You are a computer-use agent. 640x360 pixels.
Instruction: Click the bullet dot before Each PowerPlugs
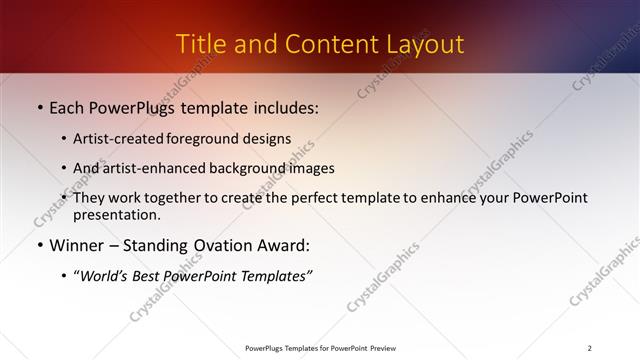39,107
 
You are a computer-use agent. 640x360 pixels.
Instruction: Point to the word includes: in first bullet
284,107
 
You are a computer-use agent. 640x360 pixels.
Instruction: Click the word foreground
211,139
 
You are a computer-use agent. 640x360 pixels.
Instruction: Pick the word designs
269,139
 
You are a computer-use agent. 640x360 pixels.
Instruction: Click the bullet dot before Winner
39,245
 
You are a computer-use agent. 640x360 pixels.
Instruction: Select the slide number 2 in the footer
589,348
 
